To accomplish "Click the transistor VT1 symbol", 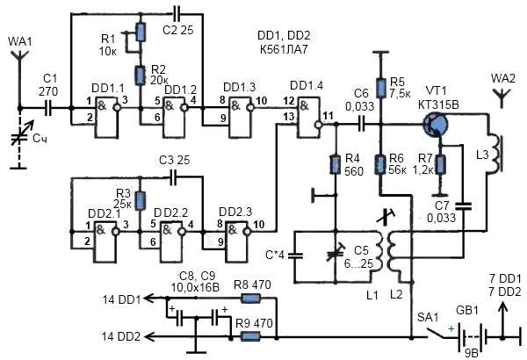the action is pos(435,125).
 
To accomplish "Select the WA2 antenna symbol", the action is pos(502,97).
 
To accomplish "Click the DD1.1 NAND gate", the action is pos(107,117).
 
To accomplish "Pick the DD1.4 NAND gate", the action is pos(309,117).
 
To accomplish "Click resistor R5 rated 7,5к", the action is pos(381,88).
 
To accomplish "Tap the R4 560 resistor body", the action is pos(336,164).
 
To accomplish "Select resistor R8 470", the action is pos(250,299).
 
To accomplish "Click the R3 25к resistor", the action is pos(141,201).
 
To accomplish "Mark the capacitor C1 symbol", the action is pos(48,108).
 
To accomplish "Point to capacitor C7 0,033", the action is pos(464,206).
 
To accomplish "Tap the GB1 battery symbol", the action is pos(472,337).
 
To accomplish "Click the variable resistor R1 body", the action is pos(141,32).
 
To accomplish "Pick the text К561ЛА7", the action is pos(284,49).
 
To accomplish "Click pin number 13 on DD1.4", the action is pos(289,117).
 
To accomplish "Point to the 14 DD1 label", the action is pos(121,299).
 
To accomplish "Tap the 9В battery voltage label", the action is pos(471,354).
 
